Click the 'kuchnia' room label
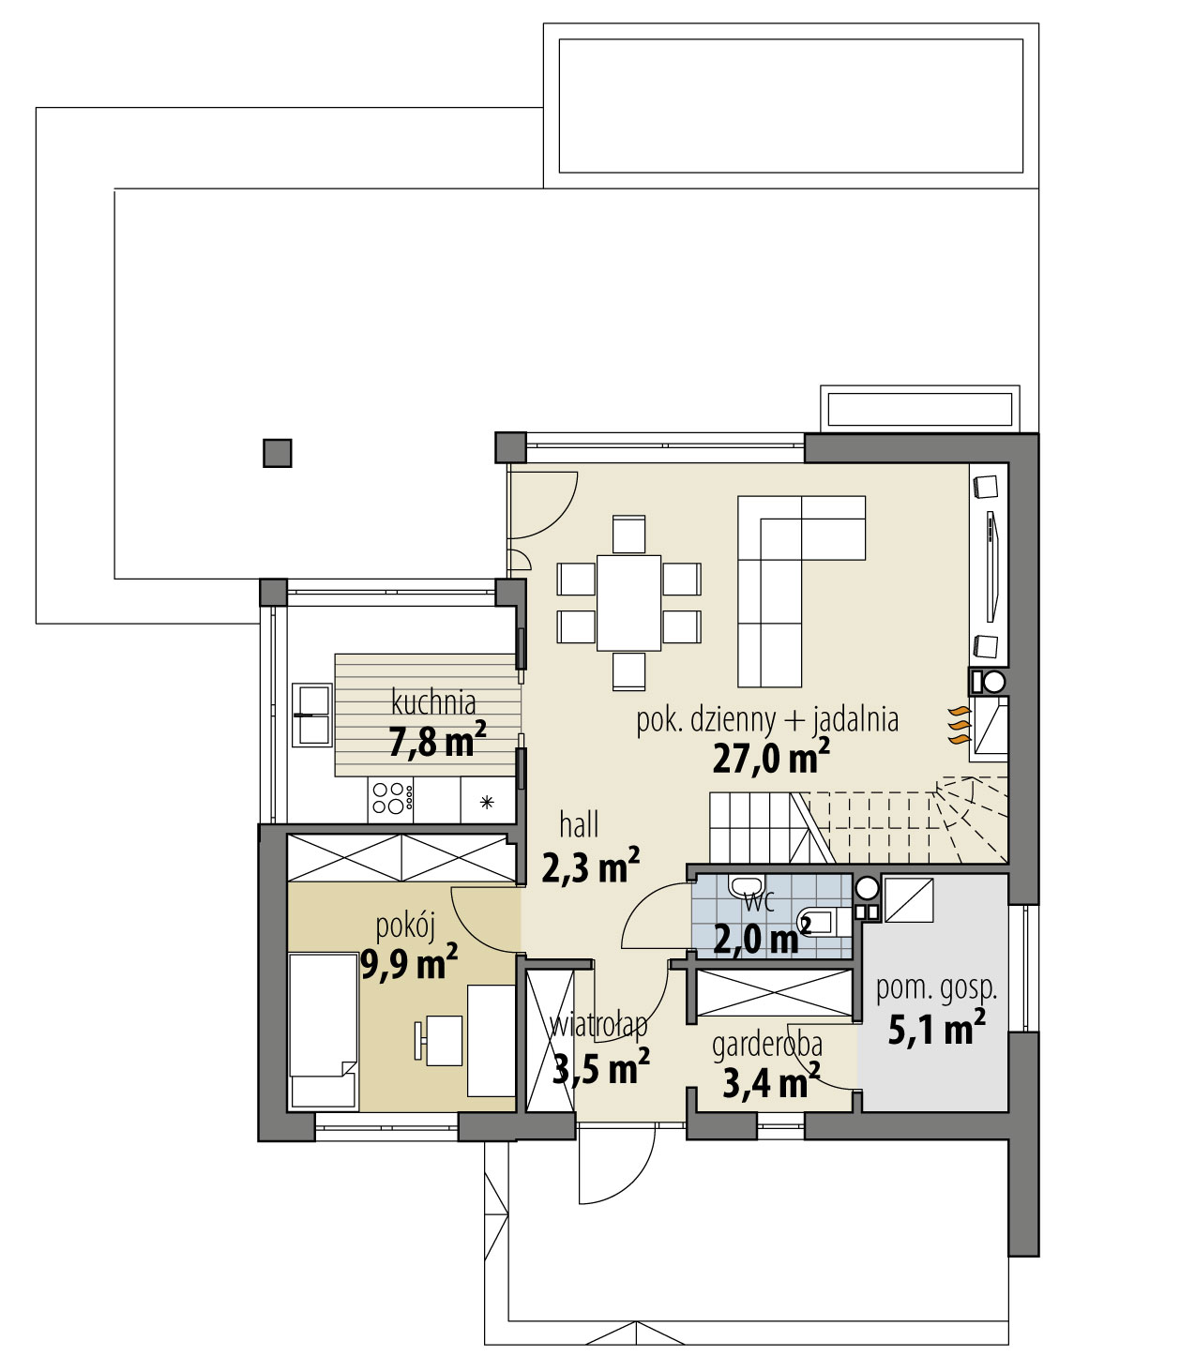pyautogui.click(x=433, y=701)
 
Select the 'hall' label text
pyautogui.click(x=579, y=825)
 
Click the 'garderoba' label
pyautogui.click(x=766, y=1045)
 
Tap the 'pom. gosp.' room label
pyautogui.click(x=935, y=987)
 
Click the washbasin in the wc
pyautogui.click(x=746, y=886)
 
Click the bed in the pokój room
pyautogui.click(x=322, y=1030)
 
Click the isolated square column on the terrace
pyautogui.click(x=278, y=453)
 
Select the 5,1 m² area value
pyautogui.click(x=935, y=1029)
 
